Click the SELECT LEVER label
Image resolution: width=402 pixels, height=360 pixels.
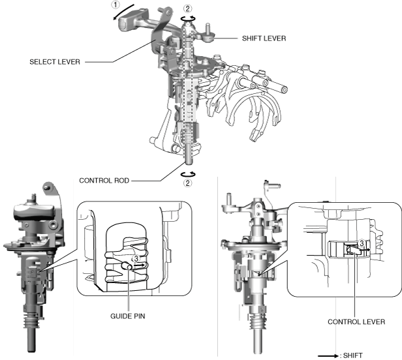pos(54,63)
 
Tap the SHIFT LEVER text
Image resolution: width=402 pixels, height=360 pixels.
pos(262,38)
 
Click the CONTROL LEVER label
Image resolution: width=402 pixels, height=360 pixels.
pos(356,321)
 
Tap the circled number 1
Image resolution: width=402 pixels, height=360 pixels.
pos(116,5)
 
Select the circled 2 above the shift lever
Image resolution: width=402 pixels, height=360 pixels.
pos(188,8)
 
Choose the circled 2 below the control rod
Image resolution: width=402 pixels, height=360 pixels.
pos(188,183)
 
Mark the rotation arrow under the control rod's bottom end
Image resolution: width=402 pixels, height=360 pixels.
pos(188,173)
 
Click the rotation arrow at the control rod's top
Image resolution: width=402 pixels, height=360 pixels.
pos(188,19)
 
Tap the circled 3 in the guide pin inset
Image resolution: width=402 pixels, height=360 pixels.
pos(136,258)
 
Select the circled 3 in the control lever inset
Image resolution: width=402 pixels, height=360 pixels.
pos(361,243)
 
